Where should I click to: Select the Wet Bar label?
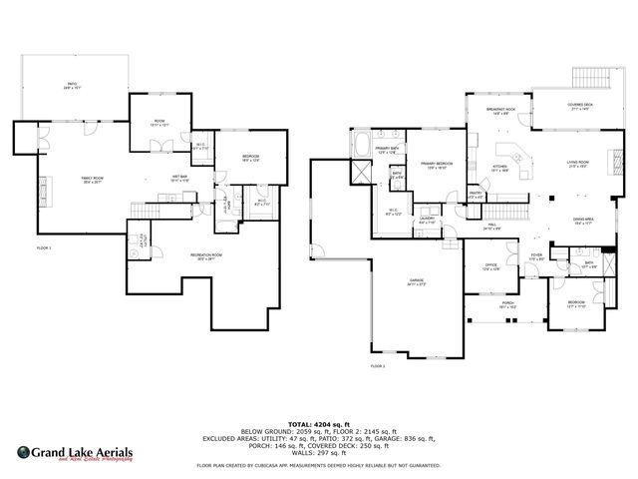pos(179,179)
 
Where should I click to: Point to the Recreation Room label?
pos(207,256)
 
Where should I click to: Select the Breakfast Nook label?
pos(500,111)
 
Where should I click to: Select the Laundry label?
pos(427,221)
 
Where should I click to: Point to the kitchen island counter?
pos(517,157)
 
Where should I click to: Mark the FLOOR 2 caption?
pos(378,366)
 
